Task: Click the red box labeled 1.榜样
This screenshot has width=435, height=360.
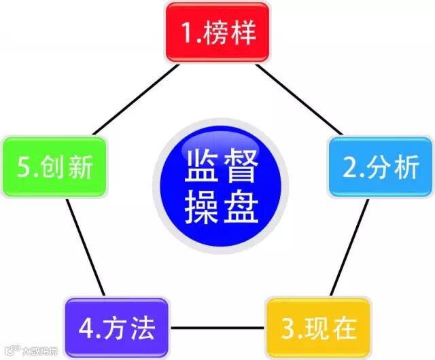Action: (x=217, y=33)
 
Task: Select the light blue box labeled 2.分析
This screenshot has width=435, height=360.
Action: (x=380, y=167)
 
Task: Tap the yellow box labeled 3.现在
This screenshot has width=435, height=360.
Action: (x=318, y=328)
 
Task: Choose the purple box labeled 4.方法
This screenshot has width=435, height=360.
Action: (x=117, y=328)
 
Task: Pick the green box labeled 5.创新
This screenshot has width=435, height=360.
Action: (x=54, y=167)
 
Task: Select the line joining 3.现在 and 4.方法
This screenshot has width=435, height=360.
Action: (x=217, y=329)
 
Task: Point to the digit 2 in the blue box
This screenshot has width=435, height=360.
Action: (x=349, y=168)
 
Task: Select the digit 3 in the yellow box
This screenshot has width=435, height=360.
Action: (x=288, y=329)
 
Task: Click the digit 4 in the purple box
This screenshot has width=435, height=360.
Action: (x=86, y=329)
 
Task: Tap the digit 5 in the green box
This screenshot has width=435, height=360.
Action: (x=23, y=168)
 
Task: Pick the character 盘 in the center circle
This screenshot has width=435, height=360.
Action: (x=241, y=207)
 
